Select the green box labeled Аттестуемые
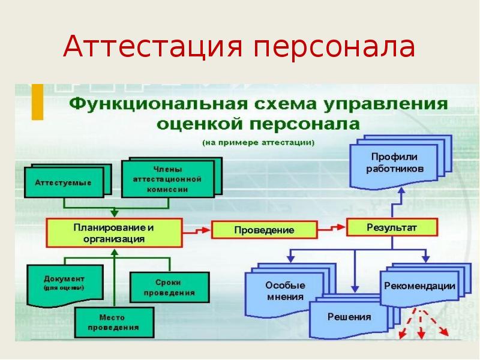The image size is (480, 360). (x=63, y=182)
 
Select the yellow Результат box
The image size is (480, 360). (x=391, y=227)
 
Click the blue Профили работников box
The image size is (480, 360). (x=395, y=163)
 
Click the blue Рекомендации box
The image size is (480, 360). (x=419, y=287)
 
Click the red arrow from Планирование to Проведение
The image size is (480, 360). (x=196, y=230)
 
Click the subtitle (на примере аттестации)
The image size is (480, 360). (x=258, y=142)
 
